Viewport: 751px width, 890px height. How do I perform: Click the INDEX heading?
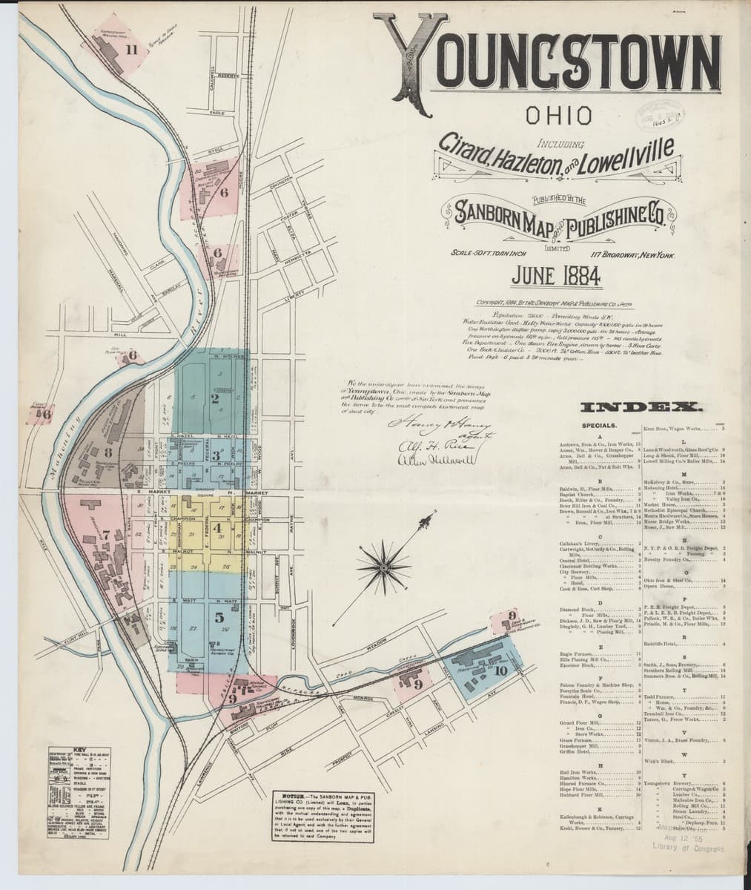(640, 408)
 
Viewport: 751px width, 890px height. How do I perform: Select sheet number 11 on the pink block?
(132, 50)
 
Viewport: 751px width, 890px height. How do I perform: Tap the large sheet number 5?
(219, 616)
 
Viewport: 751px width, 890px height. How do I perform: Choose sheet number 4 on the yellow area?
(218, 529)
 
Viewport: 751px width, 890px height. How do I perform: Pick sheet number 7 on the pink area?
(106, 533)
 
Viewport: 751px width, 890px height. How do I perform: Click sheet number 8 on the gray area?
(108, 451)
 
